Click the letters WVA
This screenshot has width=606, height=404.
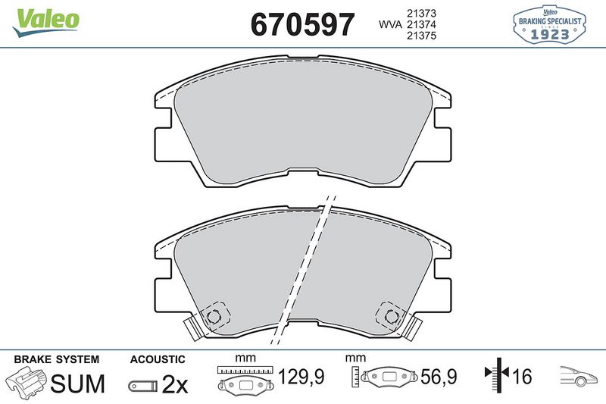pyautogui.click(x=390, y=26)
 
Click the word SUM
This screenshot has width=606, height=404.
pyautogui.click(x=77, y=384)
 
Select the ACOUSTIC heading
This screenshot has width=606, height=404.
pyautogui.click(x=157, y=359)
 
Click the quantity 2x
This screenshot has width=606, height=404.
pyautogui.click(x=175, y=384)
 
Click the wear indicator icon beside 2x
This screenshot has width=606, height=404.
pyautogui.click(x=143, y=385)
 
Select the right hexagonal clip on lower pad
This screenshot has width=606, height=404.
pyautogui.click(x=391, y=315)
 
